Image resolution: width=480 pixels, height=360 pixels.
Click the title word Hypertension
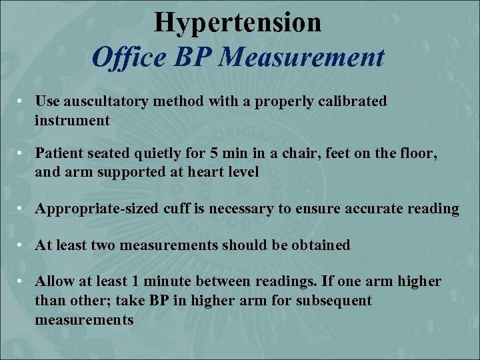coord(238,23)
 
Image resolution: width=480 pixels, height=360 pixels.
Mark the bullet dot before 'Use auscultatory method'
coord(22,101)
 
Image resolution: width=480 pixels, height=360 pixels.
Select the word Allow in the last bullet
coord(53,281)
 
